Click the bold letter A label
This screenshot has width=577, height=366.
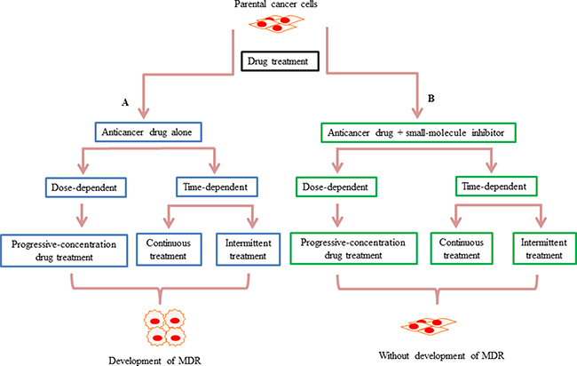[125, 103]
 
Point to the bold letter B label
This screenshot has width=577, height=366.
[431, 99]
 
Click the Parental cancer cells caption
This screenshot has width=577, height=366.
[276, 4]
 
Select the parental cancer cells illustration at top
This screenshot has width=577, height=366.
[276, 24]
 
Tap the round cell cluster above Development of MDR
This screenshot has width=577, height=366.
[164, 328]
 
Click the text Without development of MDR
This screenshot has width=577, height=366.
[441, 355]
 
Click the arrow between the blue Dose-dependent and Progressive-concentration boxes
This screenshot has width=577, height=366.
[82, 216]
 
